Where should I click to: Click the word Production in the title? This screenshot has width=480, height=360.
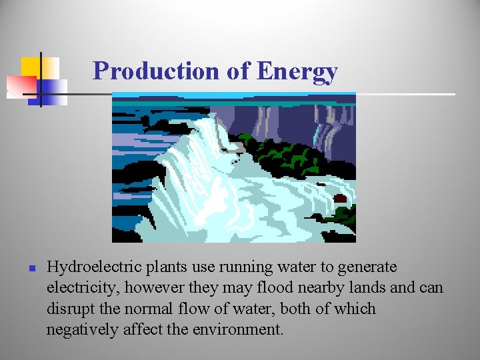tap(157, 71)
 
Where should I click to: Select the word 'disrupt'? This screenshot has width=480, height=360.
tap(69, 309)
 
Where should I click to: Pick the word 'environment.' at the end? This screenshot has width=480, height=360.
tap(239, 329)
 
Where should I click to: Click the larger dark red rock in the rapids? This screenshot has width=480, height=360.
tap(339, 199)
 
